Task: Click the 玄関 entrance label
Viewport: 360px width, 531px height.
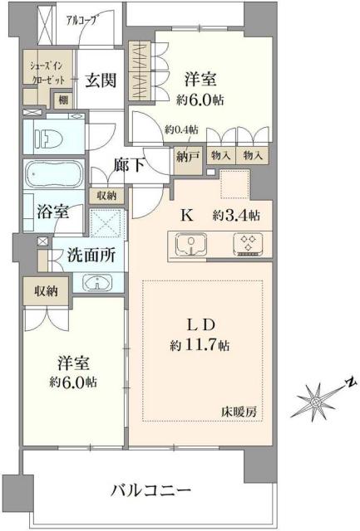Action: pyautogui.click(x=100, y=80)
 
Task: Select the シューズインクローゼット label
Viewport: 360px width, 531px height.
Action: pyautogui.click(x=41, y=71)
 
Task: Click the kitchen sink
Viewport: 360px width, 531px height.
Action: pyautogui.click(x=193, y=243)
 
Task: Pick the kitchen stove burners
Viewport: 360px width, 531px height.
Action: pyautogui.click(x=247, y=243)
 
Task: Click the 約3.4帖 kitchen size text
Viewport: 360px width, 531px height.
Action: pyautogui.click(x=236, y=215)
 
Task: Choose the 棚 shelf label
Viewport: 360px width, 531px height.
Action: pyautogui.click(x=62, y=100)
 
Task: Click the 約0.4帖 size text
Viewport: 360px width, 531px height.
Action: pyautogui.click(x=181, y=129)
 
